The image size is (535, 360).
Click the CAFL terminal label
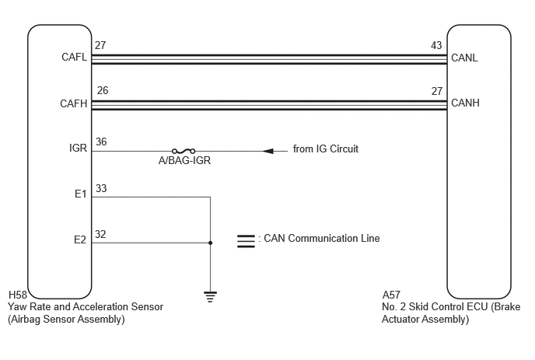click(75, 57)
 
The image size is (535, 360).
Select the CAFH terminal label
click(74, 103)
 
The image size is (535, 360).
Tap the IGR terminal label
click(78, 148)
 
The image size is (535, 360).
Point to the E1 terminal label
click(81, 194)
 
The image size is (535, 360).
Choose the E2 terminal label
click(80, 239)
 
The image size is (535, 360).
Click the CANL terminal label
click(464, 58)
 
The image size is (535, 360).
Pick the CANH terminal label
click(465, 103)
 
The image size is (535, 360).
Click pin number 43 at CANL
click(436, 45)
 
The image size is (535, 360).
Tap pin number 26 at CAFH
click(103, 90)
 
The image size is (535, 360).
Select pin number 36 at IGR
click(101, 142)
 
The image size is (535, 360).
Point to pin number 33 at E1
click(101, 188)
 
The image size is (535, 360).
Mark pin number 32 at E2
click(100, 234)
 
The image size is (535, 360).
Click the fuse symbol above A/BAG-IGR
click(184, 151)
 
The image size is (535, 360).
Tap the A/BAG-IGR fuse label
click(184, 160)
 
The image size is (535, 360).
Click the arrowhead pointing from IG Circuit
click(268, 151)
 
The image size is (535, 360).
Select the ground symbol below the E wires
click(210, 297)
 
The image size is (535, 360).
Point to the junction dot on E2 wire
click(210, 243)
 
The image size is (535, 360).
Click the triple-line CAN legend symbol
click(246, 241)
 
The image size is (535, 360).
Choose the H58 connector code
click(18, 295)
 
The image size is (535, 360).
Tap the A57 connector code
click(391, 295)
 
